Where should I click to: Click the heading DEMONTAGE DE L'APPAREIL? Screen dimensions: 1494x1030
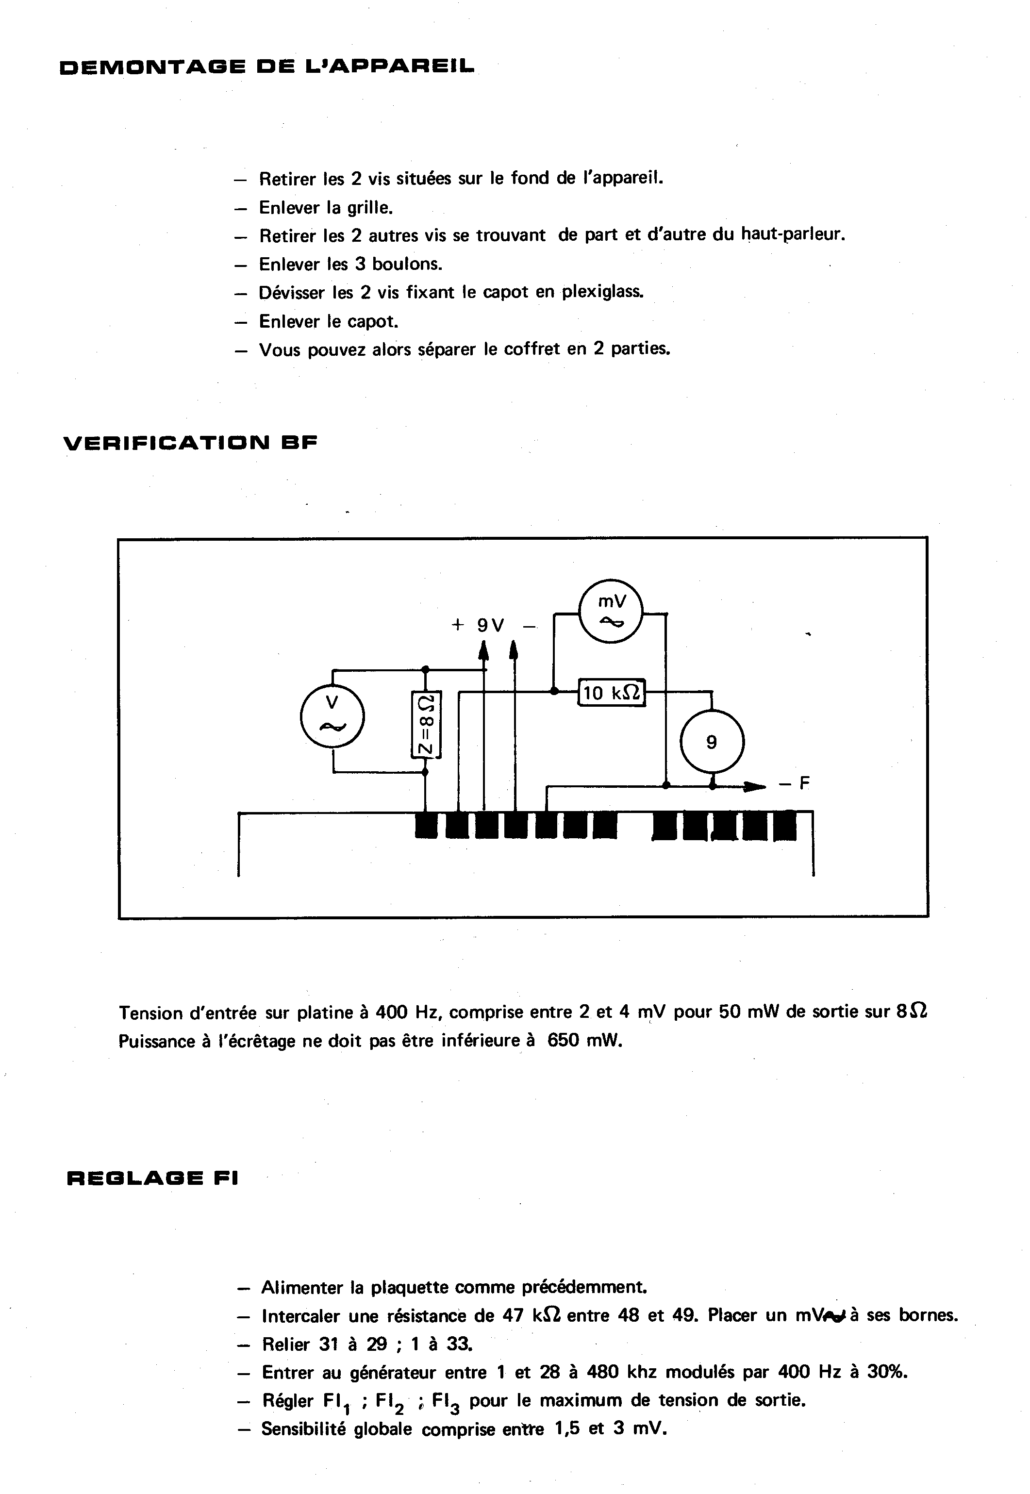(266, 67)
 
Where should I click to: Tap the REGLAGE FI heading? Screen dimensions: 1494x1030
(152, 1178)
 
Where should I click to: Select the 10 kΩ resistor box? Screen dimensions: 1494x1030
(611, 693)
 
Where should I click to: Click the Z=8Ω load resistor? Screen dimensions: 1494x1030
(426, 725)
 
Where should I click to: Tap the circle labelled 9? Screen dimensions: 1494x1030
(712, 742)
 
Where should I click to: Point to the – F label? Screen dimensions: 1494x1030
(795, 784)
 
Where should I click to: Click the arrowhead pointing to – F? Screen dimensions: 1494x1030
(752, 786)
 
